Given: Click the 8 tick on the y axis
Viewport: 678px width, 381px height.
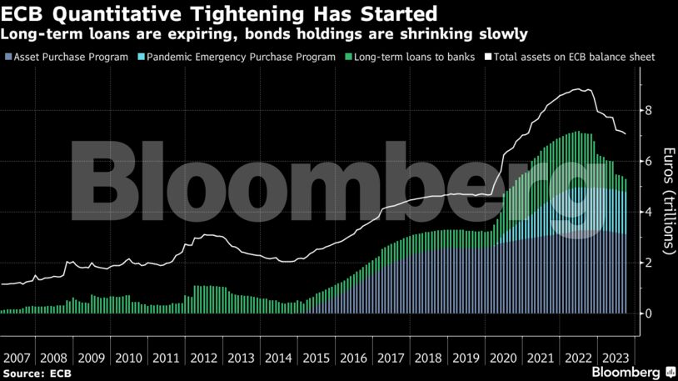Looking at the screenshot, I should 647,110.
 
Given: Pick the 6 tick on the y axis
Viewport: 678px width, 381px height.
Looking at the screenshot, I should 647,161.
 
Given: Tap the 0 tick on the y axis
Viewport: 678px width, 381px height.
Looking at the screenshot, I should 647,313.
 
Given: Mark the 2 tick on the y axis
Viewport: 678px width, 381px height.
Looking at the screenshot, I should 647,263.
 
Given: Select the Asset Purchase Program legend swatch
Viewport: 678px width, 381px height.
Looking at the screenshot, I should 7,58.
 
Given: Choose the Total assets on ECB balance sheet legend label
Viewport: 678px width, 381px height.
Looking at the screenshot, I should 576,58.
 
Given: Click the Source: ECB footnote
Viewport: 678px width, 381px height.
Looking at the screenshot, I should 37,373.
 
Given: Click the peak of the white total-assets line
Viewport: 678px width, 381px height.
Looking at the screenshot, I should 588,90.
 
